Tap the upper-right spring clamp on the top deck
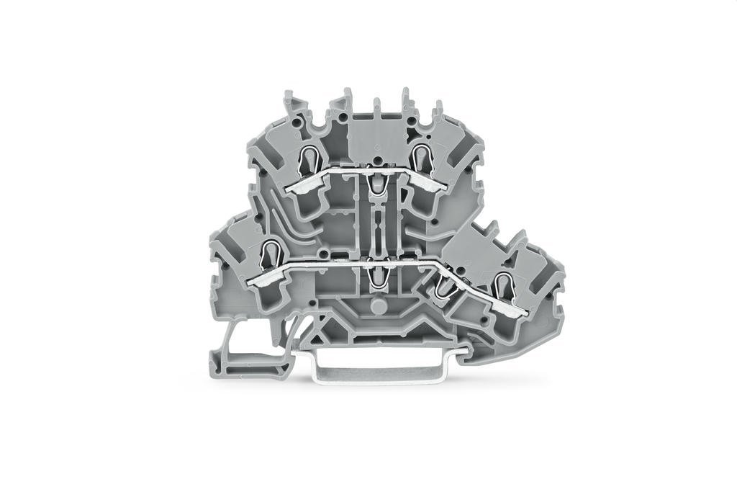pos(421,155)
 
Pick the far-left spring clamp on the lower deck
pos(271,253)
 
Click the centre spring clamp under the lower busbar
pos(374,276)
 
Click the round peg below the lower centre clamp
pos(374,308)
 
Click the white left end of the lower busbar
pos(261,282)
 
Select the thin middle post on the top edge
pos(376,107)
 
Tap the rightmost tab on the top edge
pos(436,109)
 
